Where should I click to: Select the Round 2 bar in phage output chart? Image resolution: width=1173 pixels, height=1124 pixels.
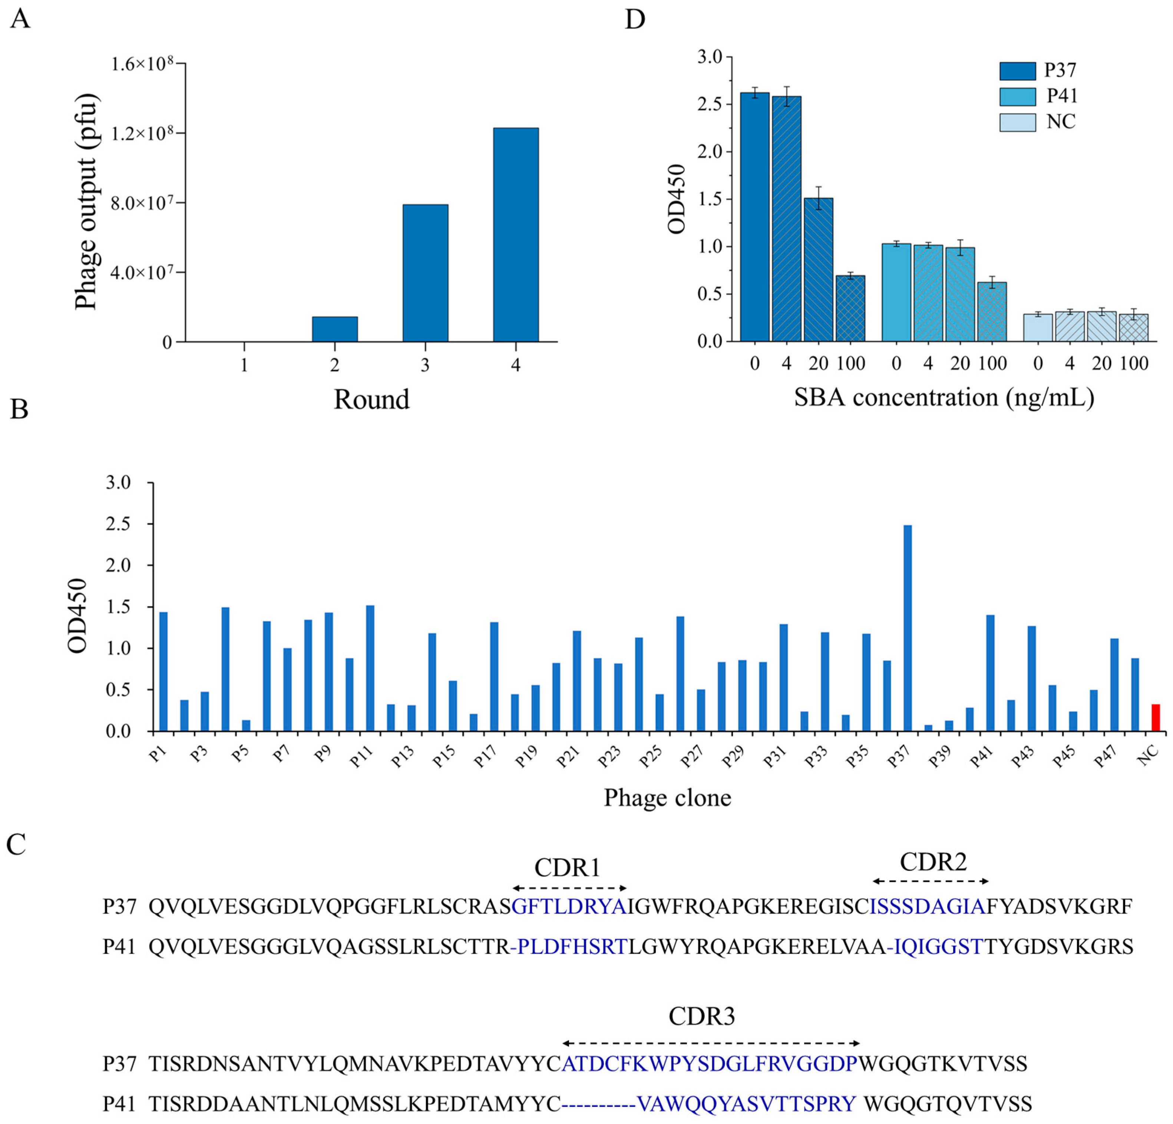click(334, 329)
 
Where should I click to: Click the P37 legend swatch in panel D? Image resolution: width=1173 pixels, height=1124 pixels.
click(1017, 70)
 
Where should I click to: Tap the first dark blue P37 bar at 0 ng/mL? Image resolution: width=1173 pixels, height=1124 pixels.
click(755, 217)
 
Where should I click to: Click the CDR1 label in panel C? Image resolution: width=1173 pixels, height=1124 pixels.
click(567, 867)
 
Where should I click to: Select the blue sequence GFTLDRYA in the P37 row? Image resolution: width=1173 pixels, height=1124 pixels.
click(569, 907)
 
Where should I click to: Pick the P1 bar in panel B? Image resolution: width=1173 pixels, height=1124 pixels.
click(163, 671)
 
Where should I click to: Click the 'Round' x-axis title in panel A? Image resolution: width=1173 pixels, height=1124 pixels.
click(371, 399)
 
